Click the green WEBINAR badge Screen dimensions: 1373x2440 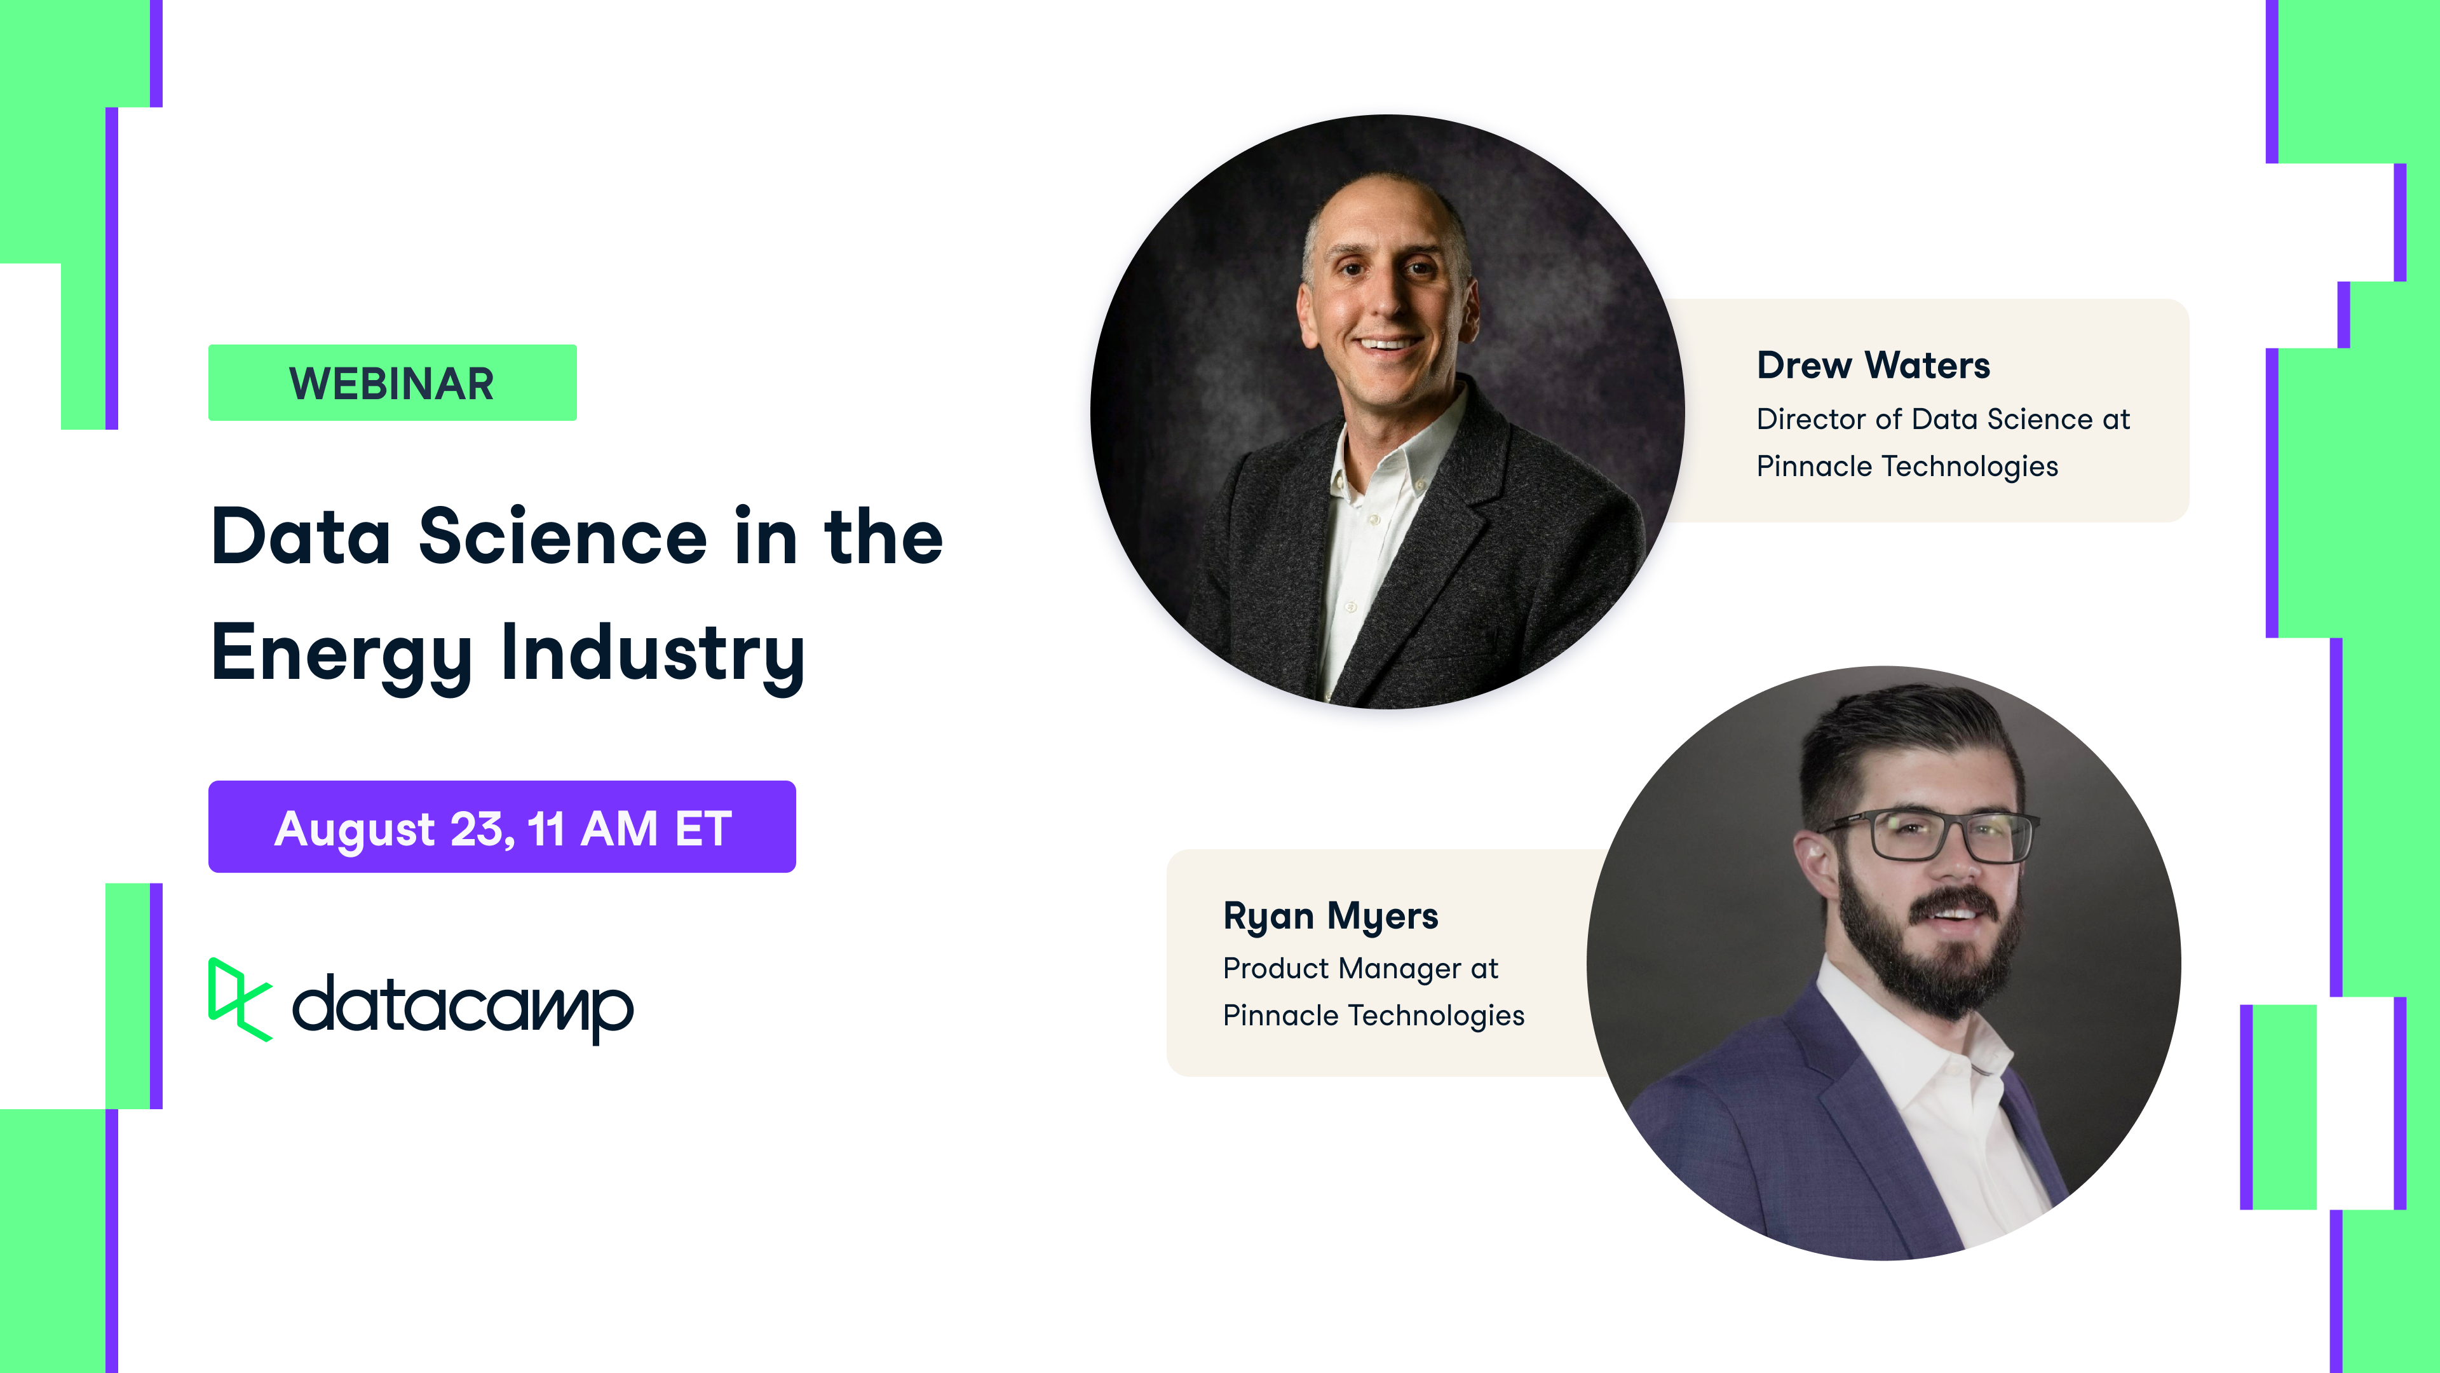(x=392, y=383)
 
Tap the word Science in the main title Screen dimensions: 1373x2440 (x=562, y=537)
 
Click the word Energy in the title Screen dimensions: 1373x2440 (x=341, y=654)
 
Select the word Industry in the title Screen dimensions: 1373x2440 (x=653, y=654)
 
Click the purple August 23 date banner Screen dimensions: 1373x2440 (x=501, y=827)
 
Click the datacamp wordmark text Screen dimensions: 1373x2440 (x=462, y=1006)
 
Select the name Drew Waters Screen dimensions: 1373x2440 (x=1873, y=365)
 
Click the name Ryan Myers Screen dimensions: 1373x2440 (x=1330, y=916)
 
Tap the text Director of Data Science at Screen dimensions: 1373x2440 (x=1942, y=419)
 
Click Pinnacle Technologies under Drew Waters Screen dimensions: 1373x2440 (x=1907, y=466)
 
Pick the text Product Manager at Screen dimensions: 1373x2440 (x=1360, y=968)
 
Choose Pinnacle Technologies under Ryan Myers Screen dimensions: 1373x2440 (x=1373, y=1016)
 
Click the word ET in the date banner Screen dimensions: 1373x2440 (x=703, y=828)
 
